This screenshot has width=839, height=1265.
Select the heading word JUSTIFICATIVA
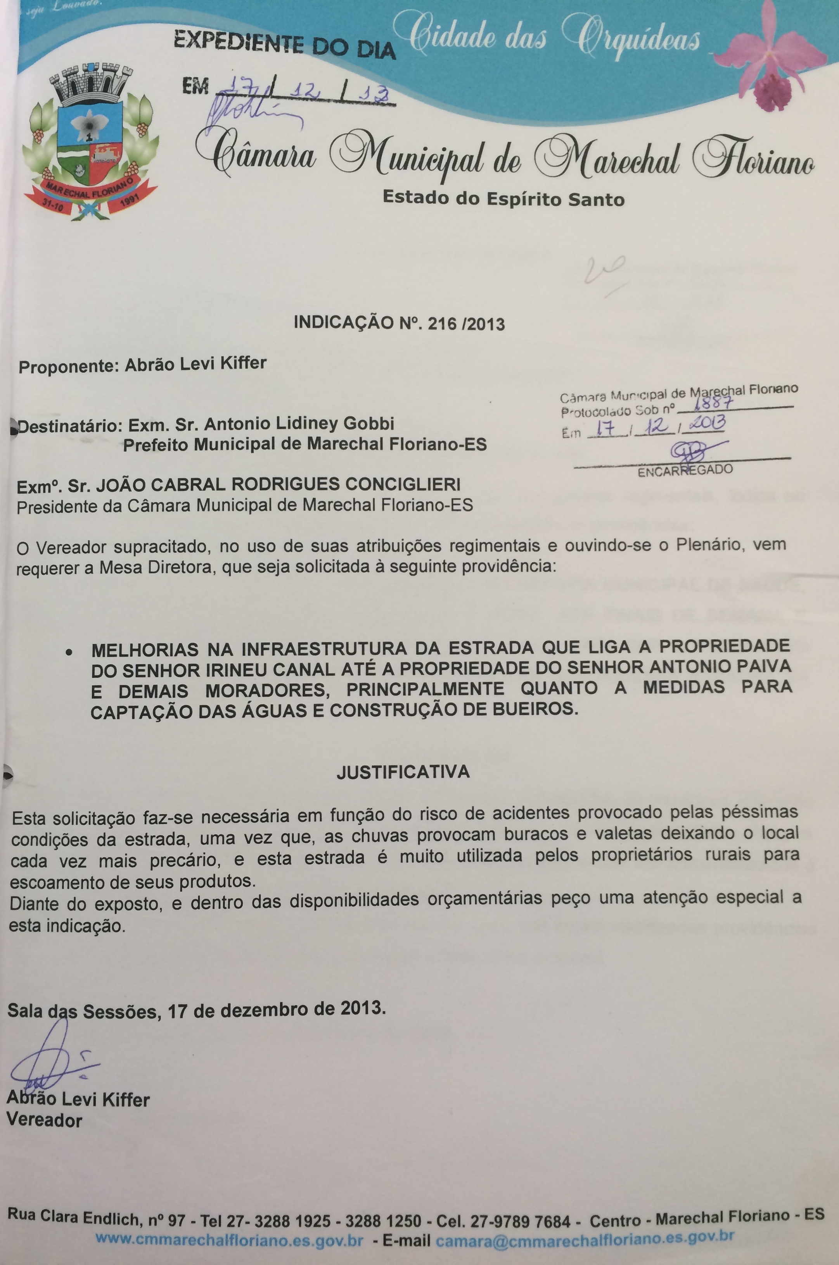403,772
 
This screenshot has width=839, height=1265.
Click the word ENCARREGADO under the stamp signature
685,470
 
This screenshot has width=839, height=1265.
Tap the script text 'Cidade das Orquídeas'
554,38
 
